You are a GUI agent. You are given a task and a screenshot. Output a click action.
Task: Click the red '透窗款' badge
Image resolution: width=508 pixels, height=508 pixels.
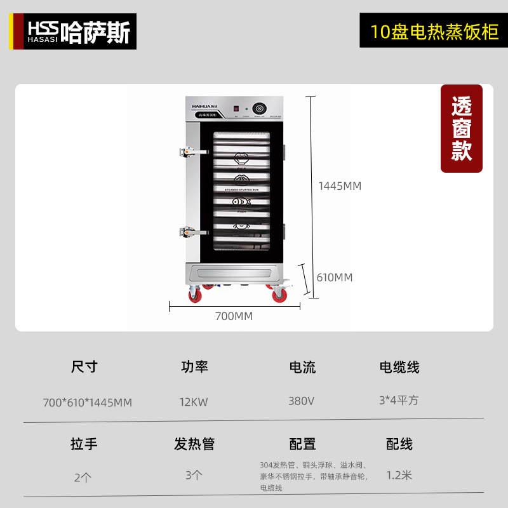[462, 129]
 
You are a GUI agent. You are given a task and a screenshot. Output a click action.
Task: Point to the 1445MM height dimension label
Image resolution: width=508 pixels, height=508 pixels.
[340, 186]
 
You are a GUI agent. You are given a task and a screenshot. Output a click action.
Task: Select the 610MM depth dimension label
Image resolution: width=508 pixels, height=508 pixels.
[335, 277]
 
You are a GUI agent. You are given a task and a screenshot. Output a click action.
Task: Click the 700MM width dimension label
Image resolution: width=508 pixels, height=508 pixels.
[234, 316]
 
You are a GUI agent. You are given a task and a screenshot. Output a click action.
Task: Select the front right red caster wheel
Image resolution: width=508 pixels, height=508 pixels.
[279, 295]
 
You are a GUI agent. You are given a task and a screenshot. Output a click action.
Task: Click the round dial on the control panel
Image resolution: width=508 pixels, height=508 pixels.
[260, 108]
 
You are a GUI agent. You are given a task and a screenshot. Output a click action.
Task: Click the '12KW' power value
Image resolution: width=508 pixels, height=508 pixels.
[194, 401]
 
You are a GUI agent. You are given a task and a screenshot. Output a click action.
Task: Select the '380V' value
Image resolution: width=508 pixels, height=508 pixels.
[302, 401]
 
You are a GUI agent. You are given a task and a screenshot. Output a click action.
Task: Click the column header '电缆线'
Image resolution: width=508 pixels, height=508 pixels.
[399, 367]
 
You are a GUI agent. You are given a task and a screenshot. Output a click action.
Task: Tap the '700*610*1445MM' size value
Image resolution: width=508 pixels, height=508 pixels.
[87, 402]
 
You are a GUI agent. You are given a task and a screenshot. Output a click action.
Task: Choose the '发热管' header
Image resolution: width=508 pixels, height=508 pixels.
[194, 444]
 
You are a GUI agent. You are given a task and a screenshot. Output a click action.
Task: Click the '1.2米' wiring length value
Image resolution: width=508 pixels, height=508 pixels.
[399, 474]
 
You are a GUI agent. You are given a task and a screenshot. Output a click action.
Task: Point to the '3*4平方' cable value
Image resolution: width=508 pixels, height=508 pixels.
[399, 401]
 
